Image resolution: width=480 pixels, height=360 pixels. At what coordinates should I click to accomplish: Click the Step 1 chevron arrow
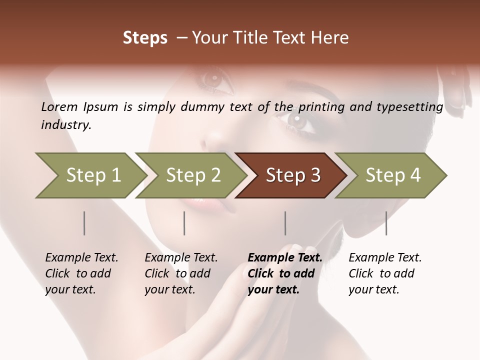point(93,175)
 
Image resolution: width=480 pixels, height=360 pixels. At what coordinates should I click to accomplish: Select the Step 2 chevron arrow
point(193,175)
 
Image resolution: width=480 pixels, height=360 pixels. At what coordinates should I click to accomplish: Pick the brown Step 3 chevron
point(293,175)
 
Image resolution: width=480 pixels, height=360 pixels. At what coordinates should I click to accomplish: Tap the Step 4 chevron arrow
point(393,175)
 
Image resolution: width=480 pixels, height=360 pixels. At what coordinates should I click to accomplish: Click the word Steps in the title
point(145,38)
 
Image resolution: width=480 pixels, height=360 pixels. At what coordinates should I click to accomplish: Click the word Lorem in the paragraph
point(59,106)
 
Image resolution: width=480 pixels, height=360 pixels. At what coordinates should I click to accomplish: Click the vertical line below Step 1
point(84,223)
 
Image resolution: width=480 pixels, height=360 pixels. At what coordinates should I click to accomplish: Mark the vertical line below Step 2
point(184,223)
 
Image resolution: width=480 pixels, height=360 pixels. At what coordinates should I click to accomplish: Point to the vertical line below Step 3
point(285,223)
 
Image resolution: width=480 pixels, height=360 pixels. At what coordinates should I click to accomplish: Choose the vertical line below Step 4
point(386,223)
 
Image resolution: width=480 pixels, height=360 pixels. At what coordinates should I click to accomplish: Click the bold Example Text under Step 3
point(285,258)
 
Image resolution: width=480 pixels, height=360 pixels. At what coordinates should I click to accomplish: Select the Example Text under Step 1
point(81,258)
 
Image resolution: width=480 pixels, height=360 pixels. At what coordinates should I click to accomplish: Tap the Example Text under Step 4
point(385,258)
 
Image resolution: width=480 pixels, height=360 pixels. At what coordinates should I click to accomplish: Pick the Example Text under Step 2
point(181,258)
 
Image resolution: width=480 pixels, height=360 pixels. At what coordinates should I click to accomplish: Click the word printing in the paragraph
point(320,106)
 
